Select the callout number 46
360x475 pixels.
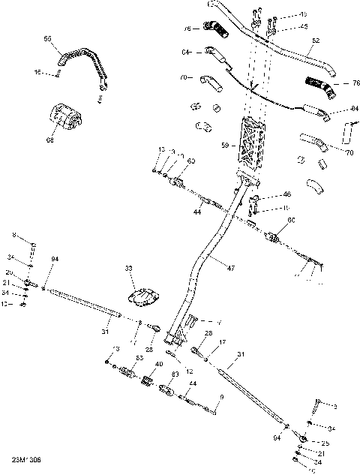[x=286, y=194]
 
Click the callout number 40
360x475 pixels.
[x=158, y=364]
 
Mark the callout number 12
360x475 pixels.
[x=190, y=371]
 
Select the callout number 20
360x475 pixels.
[x=10, y=272]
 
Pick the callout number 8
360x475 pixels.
[x=13, y=235]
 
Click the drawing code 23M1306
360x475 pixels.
[x=25, y=458]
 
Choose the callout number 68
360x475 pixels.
[x=50, y=140]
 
